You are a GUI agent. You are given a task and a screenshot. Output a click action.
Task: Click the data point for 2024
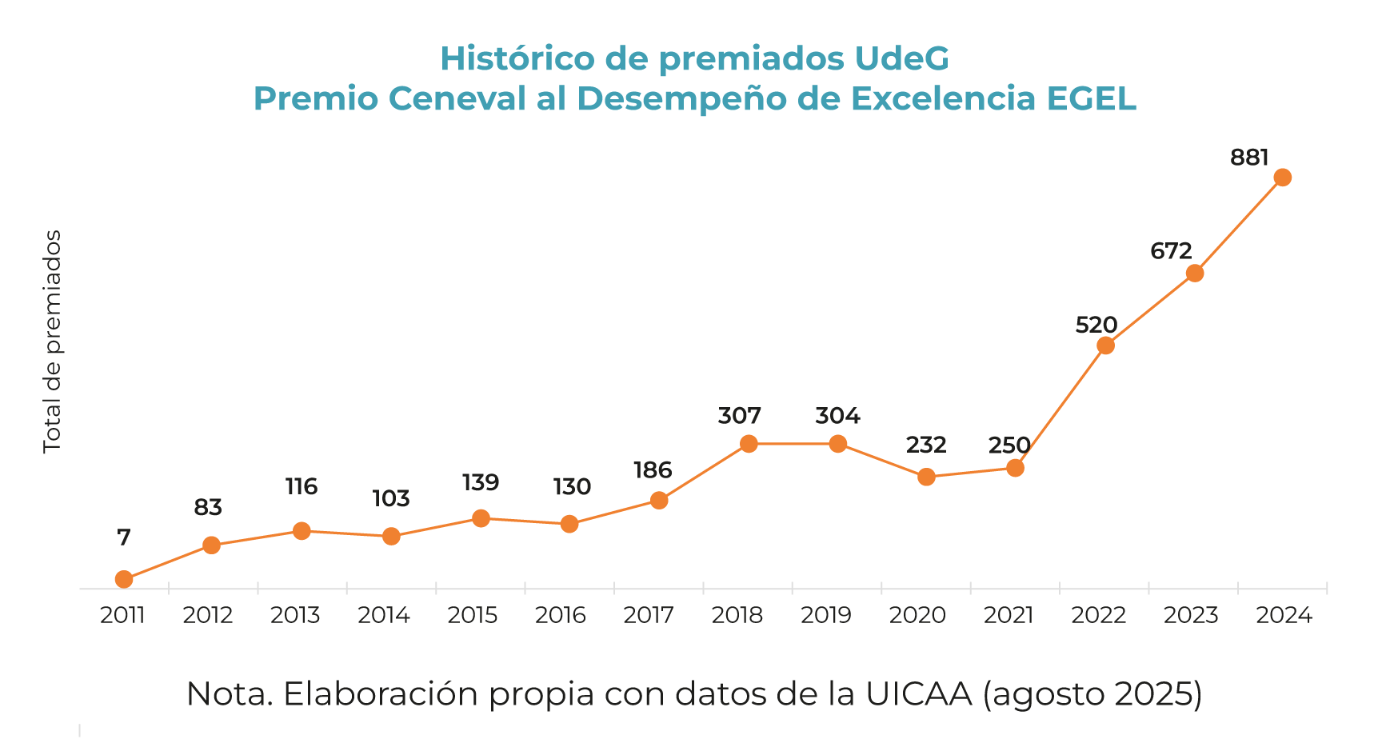[x=1282, y=178]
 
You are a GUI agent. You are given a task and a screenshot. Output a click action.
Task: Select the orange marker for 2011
[x=124, y=579]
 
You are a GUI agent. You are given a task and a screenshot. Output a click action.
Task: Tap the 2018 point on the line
[x=749, y=444]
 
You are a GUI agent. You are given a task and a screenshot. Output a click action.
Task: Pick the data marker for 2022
[x=1105, y=346]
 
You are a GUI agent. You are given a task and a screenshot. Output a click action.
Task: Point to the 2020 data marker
[x=926, y=477]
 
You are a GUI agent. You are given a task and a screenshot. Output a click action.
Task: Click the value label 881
[x=1249, y=158]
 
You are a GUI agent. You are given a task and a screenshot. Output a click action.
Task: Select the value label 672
[x=1171, y=251]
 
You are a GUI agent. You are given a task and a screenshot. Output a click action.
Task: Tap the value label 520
[x=1096, y=325]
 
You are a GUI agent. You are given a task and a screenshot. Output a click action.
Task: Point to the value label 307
[x=739, y=416]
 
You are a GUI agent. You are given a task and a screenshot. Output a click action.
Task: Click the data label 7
[x=124, y=537]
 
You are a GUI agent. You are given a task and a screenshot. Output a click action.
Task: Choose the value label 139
[x=481, y=482]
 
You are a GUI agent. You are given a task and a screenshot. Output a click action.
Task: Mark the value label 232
[x=926, y=445]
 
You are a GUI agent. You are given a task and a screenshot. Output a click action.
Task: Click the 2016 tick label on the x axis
[x=561, y=615]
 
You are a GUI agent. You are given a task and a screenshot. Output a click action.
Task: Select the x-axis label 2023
[x=1191, y=615]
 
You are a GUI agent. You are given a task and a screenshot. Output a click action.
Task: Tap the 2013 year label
[x=295, y=615]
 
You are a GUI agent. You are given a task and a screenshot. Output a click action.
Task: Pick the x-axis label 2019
[x=826, y=615]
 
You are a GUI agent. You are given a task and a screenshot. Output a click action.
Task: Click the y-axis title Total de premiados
[x=53, y=342]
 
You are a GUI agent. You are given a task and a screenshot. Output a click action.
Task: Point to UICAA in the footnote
[x=919, y=693]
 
